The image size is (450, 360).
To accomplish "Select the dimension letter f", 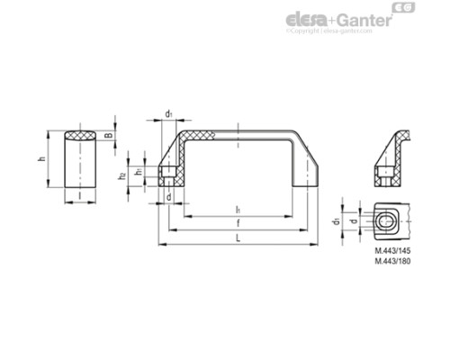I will click(237, 222).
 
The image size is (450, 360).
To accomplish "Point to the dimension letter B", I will click(110, 137).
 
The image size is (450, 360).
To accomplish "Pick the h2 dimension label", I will click(122, 175).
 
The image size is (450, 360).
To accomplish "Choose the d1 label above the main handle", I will click(169, 113).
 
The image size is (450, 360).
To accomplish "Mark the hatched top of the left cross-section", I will click(80, 137).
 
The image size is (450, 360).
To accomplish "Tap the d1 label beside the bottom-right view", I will click(337, 220).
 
